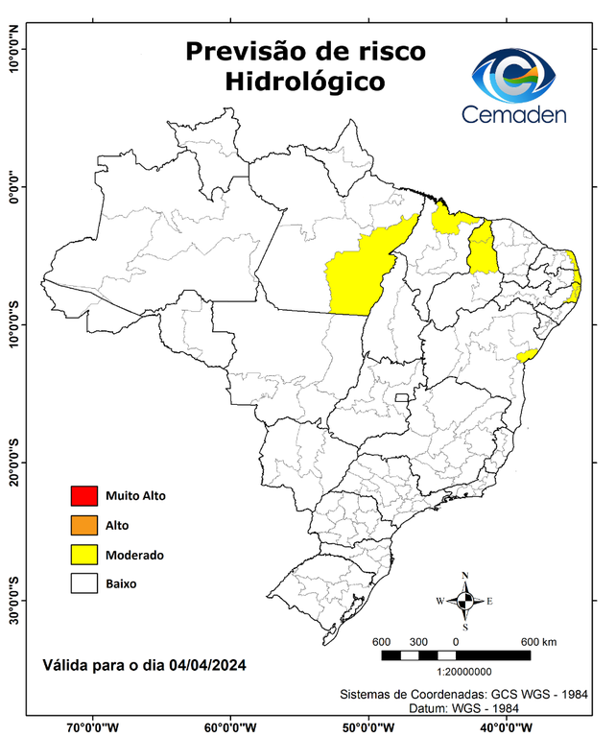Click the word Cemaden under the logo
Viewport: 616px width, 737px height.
coord(514,114)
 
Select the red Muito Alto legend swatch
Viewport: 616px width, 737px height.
coord(84,496)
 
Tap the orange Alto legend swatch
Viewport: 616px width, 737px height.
coord(84,525)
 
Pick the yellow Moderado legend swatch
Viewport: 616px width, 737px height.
coord(84,555)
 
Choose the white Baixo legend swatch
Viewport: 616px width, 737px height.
coord(84,582)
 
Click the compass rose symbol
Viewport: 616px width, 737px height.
coord(465,601)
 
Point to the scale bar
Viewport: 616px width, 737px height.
coord(456,655)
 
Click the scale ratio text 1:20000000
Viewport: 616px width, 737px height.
coord(464,673)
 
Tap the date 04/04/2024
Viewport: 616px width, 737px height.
coord(209,664)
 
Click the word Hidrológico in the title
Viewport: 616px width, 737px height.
coord(305,83)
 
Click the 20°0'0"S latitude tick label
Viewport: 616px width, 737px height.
coord(13,464)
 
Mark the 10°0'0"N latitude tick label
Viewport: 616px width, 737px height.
coord(13,49)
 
